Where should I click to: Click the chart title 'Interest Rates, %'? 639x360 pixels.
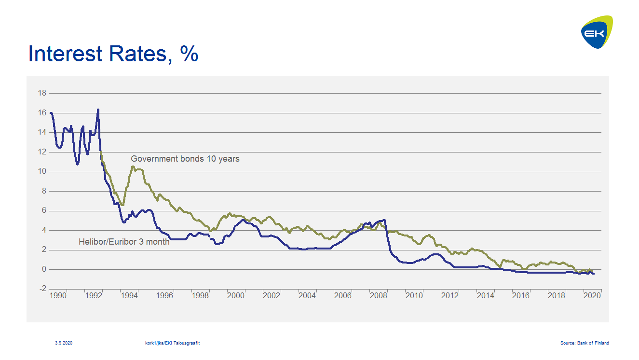(x=113, y=54)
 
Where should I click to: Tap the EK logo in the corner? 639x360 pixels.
(x=597, y=32)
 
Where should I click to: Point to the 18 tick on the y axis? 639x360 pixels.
(x=42, y=93)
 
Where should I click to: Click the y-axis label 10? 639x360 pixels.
(x=42, y=171)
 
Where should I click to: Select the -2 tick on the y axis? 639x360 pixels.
(x=42, y=289)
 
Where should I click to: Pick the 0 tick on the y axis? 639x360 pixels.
(x=44, y=269)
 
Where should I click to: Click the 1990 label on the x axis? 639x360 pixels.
(x=58, y=296)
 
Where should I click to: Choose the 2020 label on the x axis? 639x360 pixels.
(x=592, y=296)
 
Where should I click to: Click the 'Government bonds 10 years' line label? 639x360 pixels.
(x=185, y=159)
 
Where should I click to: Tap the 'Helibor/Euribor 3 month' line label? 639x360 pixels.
(x=124, y=242)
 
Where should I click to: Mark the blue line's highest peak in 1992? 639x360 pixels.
(x=98, y=110)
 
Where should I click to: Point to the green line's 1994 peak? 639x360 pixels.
(x=133, y=167)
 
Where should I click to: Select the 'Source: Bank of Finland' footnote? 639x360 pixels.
(x=585, y=343)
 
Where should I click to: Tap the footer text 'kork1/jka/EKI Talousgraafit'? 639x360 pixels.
(x=172, y=343)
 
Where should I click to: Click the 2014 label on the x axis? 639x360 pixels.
(x=485, y=296)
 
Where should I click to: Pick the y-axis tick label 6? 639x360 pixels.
(x=44, y=210)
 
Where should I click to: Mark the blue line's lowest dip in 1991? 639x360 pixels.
(x=77, y=164)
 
